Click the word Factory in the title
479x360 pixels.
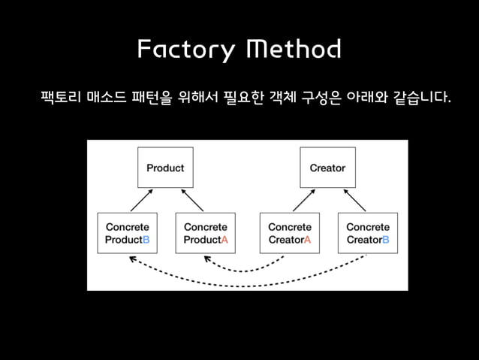[185, 50]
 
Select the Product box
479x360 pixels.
[164, 168]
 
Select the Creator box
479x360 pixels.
[327, 168]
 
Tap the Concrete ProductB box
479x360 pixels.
[127, 233]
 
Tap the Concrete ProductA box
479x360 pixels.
[205, 233]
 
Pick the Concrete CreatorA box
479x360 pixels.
[289, 233]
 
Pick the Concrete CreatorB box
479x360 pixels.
[367, 233]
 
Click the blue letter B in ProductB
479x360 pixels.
[146, 241]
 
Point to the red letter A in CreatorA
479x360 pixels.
[307, 241]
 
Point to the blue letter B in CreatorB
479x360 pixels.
[385, 241]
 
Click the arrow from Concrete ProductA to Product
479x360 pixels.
[193, 200]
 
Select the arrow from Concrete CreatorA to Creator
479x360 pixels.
[303, 200]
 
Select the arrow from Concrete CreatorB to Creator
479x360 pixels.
[355, 200]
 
